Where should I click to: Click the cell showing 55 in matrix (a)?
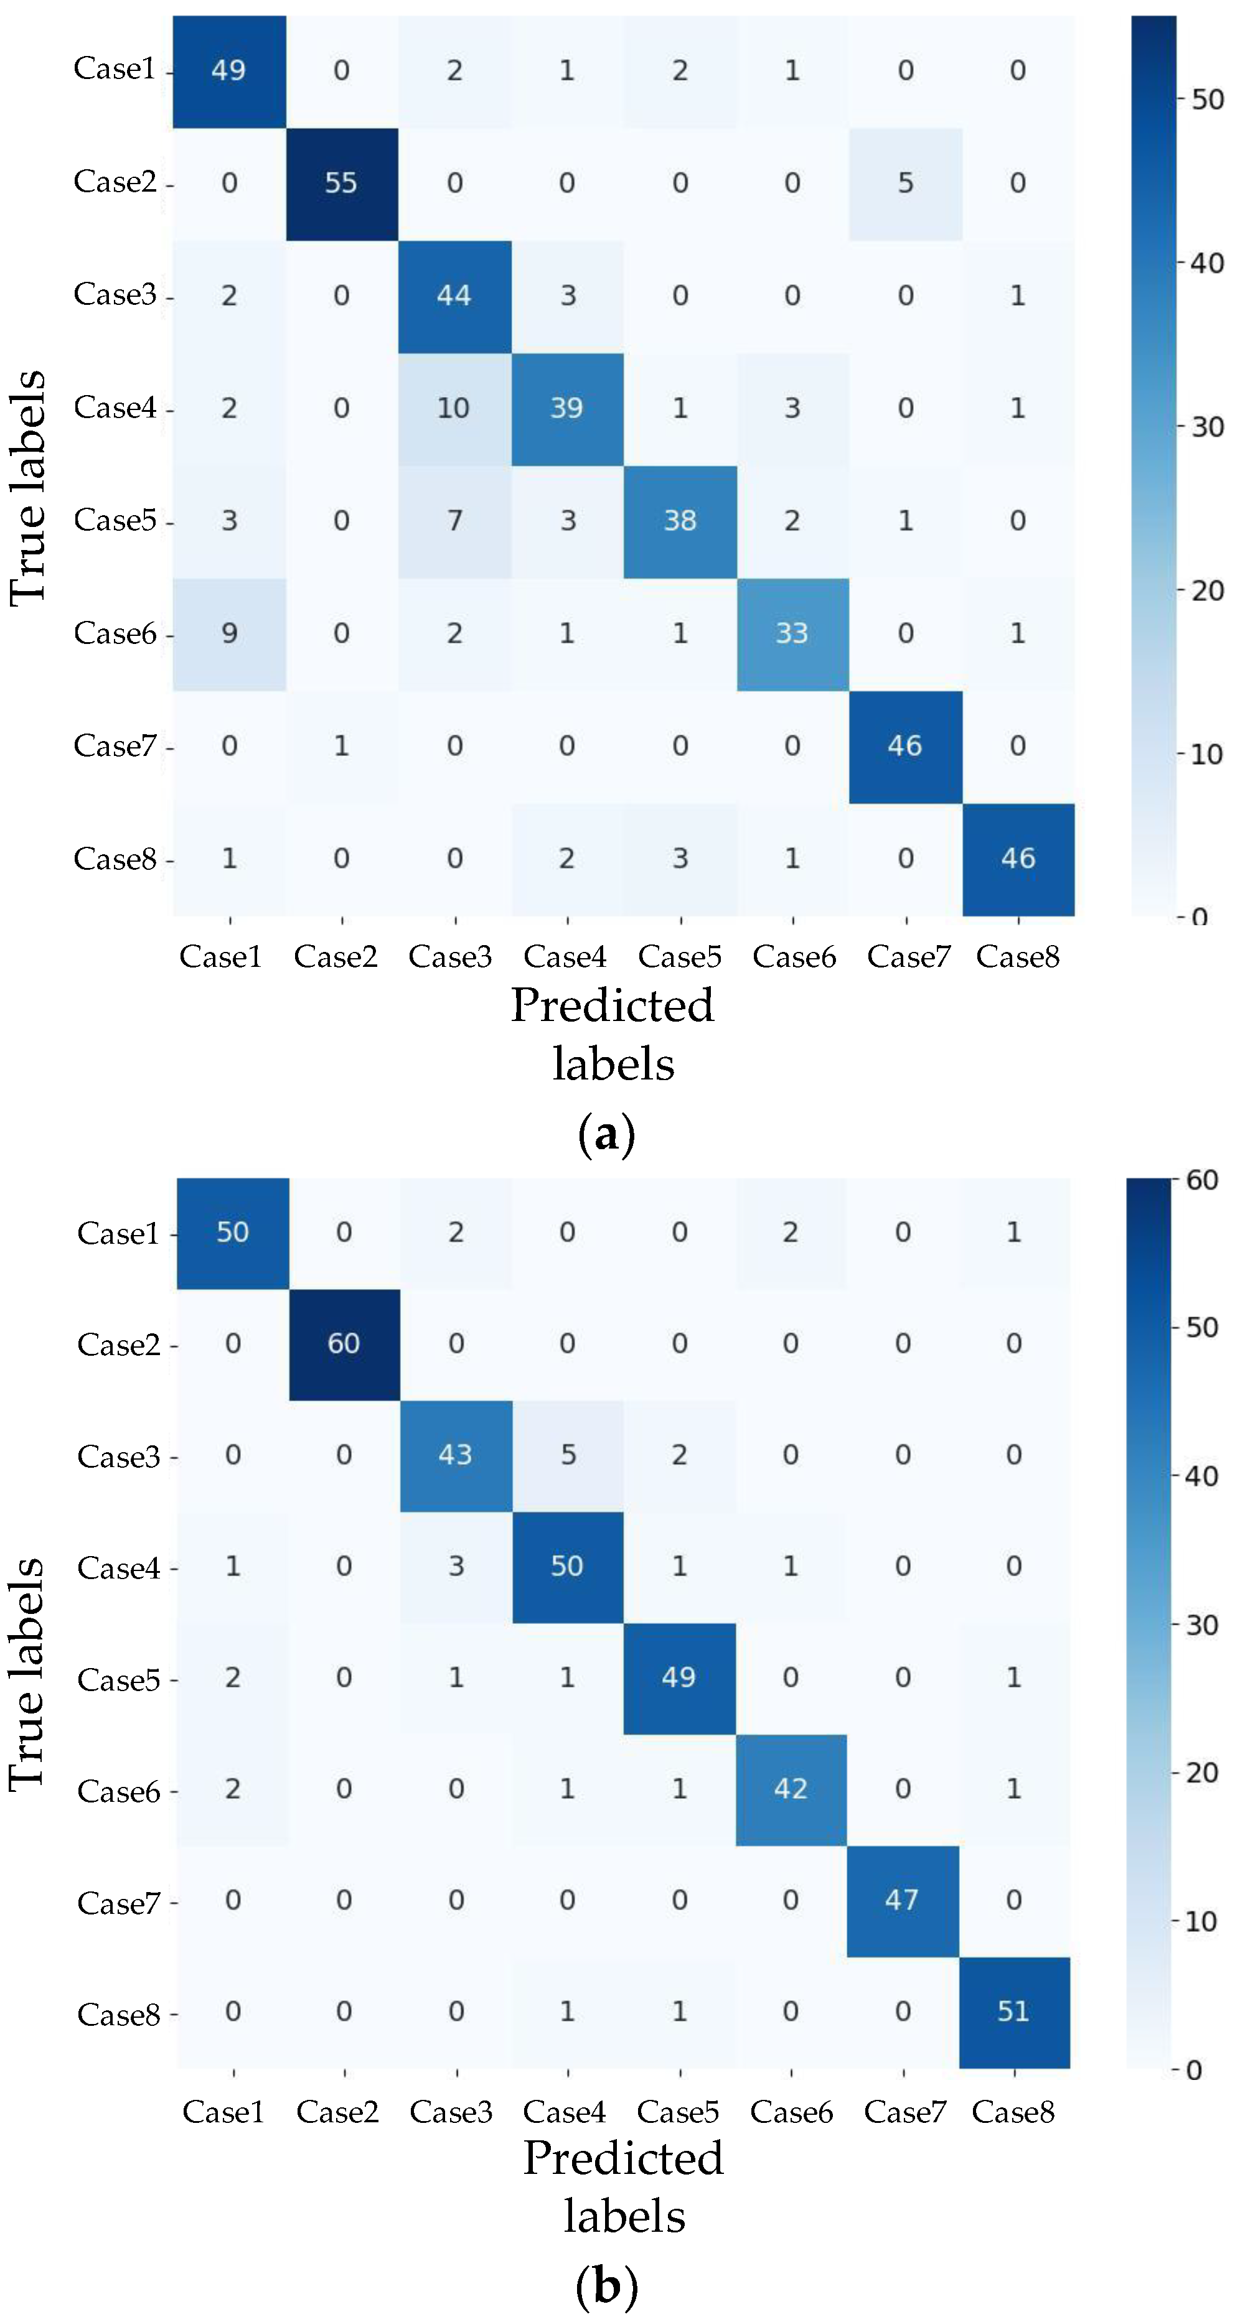[x=341, y=183]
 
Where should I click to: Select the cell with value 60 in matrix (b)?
[x=344, y=1343]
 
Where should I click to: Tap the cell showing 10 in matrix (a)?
[x=454, y=408]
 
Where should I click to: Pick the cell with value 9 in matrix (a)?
[x=229, y=633]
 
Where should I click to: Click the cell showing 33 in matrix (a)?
[x=792, y=633]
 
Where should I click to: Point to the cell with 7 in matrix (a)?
[x=454, y=521]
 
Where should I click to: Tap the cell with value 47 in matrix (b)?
[x=902, y=1900]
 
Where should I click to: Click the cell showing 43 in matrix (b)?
[x=456, y=1454]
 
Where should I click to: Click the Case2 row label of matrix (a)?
[x=115, y=182]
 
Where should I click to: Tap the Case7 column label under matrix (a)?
[x=908, y=956]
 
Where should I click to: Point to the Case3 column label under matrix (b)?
[x=451, y=2112]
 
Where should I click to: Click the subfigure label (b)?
[x=606, y=2287]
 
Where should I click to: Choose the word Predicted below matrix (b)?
[x=623, y=2157]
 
